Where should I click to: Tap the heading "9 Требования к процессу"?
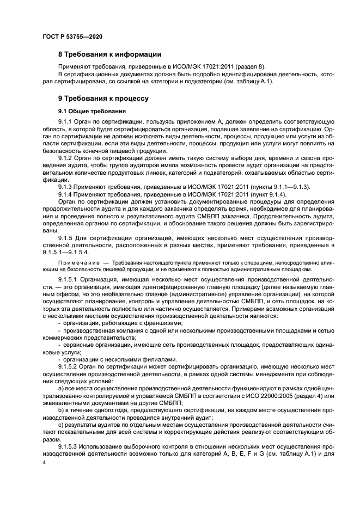103,99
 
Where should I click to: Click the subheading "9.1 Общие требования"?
89,112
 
